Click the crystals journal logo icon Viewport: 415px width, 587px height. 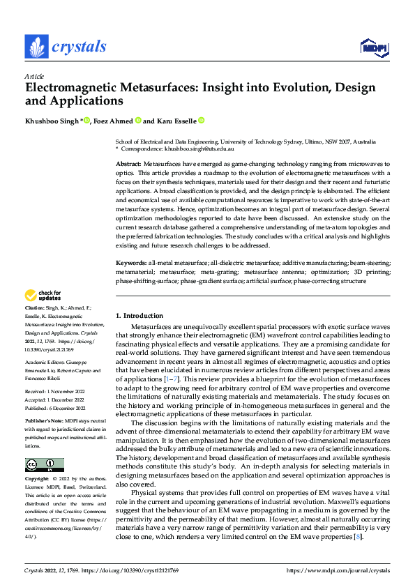click(x=37, y=47)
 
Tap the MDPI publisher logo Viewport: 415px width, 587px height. click(x=373, y=47)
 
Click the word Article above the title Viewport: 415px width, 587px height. click(x=34, y=76)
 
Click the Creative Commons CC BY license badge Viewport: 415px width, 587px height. click(x=44, y=465)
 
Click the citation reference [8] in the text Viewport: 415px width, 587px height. click(x=356, y=536)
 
